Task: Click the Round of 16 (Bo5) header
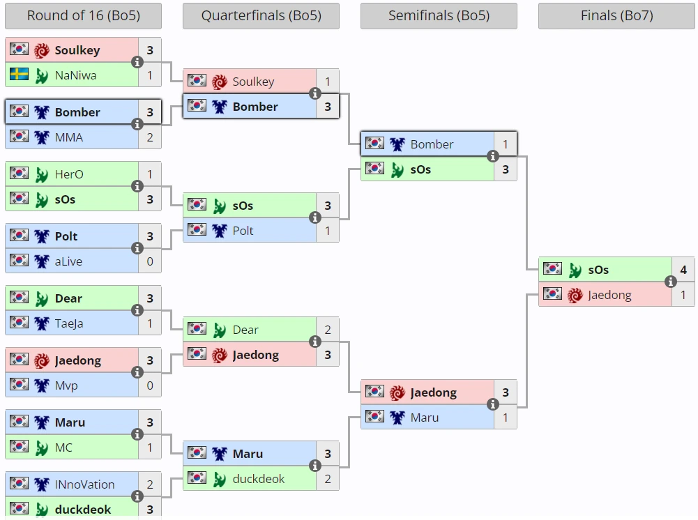coord(83,15)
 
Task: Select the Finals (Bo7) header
coord(616,15)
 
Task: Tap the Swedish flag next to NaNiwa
coord(20,75)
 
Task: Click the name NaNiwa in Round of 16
coord(75,75)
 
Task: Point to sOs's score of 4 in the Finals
coord(683,270)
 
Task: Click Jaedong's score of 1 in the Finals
coord(683,295)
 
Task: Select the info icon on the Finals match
coord(671,282)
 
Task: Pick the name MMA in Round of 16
coord(68,137)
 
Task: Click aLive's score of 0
coord(150,261)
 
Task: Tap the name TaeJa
coord(68,323)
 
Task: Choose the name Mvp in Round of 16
coord(66,385)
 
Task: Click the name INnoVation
coord(84,484)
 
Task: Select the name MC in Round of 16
coord(63,448)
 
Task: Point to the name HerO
coord(69,174)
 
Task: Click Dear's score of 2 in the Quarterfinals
coord(328,330)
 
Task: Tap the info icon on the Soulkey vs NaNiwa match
coord(137,62)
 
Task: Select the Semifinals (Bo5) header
coord(439,15)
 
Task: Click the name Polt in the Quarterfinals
coord(243,231)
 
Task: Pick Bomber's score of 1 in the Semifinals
coord(506,144)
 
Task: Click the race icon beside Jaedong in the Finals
coord(575,295)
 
